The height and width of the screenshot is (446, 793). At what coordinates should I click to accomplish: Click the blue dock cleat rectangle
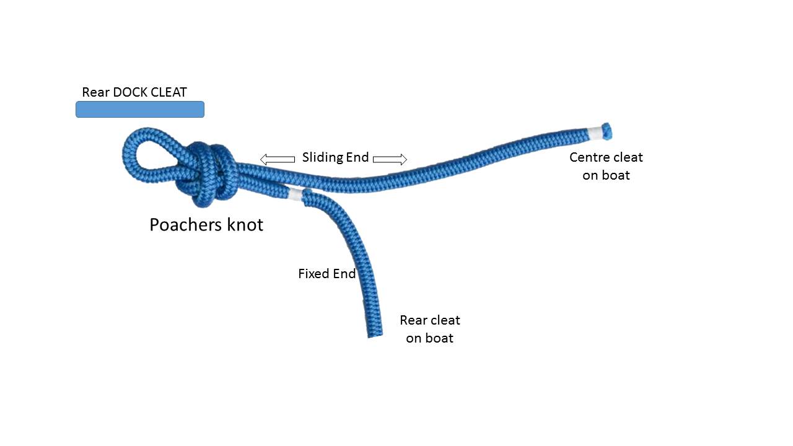pyautogui.click(x=139, y=110)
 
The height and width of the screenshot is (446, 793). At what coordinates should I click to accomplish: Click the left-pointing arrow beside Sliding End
pyautogui.click(x=277, y=159)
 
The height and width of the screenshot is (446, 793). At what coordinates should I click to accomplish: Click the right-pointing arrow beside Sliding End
pyautogui.click(x=390, y=159)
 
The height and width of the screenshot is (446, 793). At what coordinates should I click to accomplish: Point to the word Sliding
pyautogui.click(x=322, y=157)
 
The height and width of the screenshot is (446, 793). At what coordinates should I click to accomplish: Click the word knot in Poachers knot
pyautogui.click(x=245, y=224)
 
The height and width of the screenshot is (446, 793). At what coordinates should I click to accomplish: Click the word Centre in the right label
pyautogui.click(x=589, y=157)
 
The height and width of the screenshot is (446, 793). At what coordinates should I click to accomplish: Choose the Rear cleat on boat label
pyautogui.click(x=430, y=329)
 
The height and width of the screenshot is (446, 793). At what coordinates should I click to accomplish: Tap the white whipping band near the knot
pyautogui.click(x=296, y=195)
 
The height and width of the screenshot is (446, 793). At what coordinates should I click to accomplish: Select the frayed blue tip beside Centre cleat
pyautogui.click(x=607, y=130)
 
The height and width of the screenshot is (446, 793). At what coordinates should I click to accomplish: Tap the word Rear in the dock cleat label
pyautogui.click(x=95, y=92)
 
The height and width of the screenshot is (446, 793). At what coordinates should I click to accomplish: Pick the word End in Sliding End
pyautogui.click(x=357, y=157)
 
